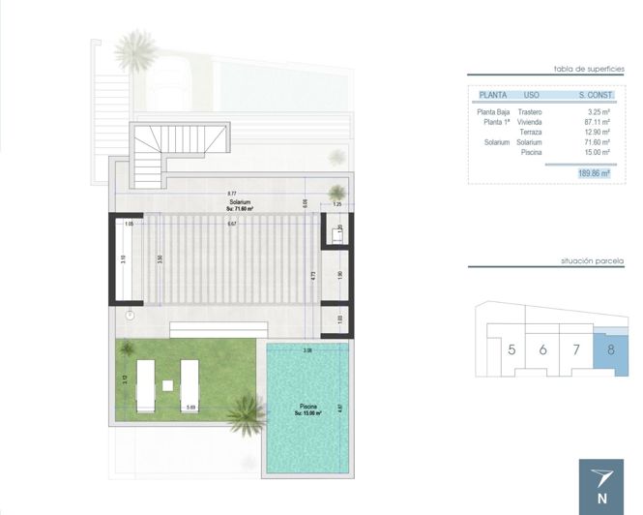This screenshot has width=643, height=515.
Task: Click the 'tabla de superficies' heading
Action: tap(583, 70)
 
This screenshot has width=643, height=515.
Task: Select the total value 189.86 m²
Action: tap(591, 173)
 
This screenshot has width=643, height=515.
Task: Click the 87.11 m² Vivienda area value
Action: tap(594, 123)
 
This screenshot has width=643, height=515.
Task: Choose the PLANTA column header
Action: tap(493, 96)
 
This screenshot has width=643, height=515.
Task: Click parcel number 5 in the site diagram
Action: tap(511, 349)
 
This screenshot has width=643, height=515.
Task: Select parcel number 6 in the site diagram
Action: tap(543, 349)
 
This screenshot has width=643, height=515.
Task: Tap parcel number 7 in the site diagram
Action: tap(576, 349)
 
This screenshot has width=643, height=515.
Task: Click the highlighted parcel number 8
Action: tap(609, 349)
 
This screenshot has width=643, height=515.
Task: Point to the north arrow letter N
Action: tap(602, 499)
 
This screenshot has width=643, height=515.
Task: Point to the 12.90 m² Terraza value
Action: tap(594, 133)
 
